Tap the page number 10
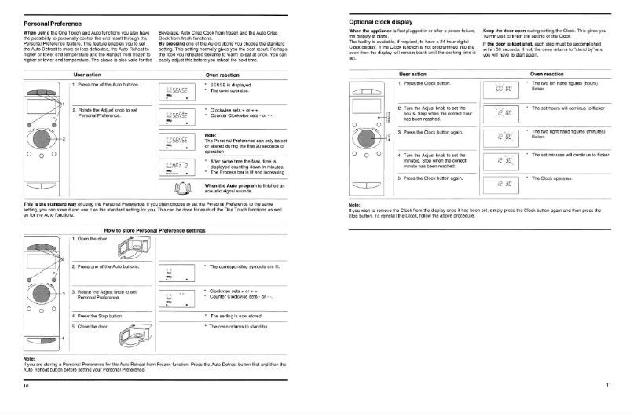(26, 387)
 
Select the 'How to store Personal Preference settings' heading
(154, 229)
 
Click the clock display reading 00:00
(504, 90)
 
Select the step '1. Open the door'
(94, 239)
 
